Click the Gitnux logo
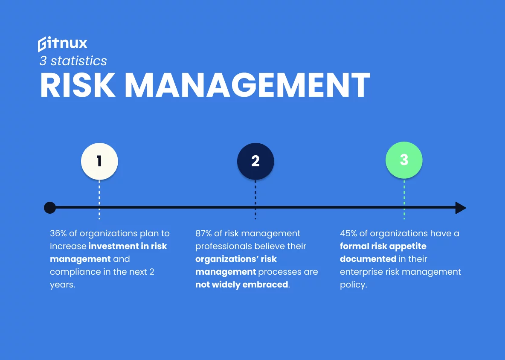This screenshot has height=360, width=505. tap(62, 44)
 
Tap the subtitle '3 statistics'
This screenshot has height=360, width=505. tap(73, 61)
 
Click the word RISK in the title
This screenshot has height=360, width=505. tap(78, 86)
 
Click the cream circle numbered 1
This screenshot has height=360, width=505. tap(99, 161)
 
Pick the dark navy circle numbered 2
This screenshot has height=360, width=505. tap(255, 161)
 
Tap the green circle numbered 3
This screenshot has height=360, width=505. tap(404, 160)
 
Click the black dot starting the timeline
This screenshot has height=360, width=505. tap(50, 208)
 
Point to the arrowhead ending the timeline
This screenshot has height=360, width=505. tap(460, 208)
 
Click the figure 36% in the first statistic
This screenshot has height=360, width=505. tap(59, 233)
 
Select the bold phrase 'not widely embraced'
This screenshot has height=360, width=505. tap(242, 285)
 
